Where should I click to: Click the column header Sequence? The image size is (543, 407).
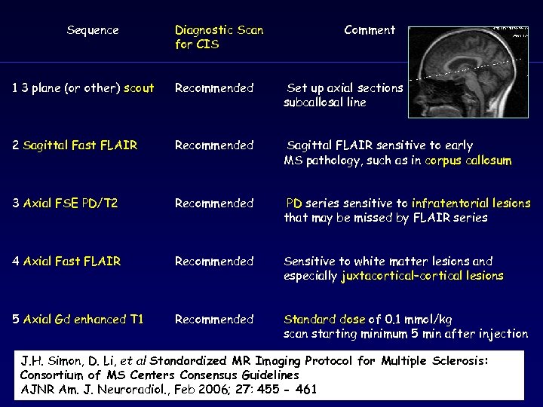coord(93,30)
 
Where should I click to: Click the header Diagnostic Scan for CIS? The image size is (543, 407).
coord(219,37)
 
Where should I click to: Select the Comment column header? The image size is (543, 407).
coord(369,30)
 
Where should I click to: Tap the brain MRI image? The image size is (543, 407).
coord(468,72)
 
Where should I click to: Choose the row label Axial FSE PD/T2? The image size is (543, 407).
coord(70,203)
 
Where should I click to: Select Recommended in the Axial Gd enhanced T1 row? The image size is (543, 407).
coord(214,320)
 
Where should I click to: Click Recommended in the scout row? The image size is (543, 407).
coord(214,88)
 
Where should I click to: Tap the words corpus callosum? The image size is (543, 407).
coord(468,161)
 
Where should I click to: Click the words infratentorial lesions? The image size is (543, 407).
coord(471,203)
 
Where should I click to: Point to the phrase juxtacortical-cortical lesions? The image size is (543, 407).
coord(422,276)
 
